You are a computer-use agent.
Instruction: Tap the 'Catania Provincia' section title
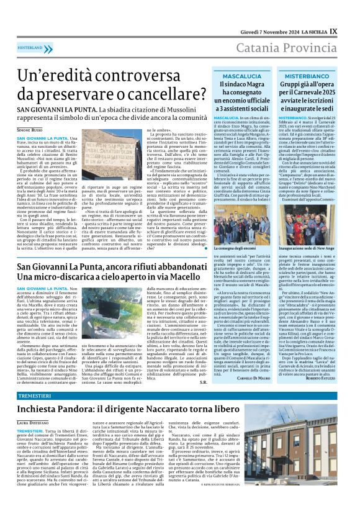(288, 46)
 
